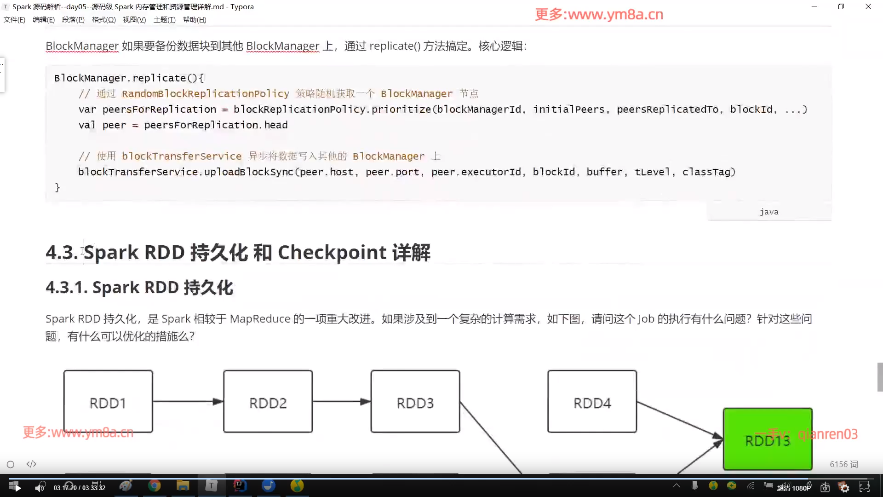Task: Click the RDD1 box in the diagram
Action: (x=108, y=401)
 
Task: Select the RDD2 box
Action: (x=268, y=401)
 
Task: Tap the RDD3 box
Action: (x=415, y=401)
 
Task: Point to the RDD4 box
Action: (x=592, y=401)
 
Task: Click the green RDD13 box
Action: (x=767, y=439)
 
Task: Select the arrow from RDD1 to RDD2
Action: (x=188, y=402)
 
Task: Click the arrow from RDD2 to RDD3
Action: (x=341, y=402)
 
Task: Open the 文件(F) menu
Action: (x=14, y=20)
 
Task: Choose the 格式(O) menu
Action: (x=103, y=20)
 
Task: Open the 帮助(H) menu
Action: (x=194, y=20)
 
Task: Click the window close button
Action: (x=868, y=6)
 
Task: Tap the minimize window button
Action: (x=814, y=6)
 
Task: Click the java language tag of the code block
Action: (x=769, y=212)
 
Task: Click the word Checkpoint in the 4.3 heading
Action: (x=332, y=253)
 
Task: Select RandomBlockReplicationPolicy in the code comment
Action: (x=205, y=94)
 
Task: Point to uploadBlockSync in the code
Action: (x=248, y=172)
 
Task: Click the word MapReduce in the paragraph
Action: (x=260, y=319)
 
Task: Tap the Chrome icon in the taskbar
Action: (x=155, y=486)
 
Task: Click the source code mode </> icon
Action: (x=31, y=464)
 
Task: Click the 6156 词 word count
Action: (x=843, y=464)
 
